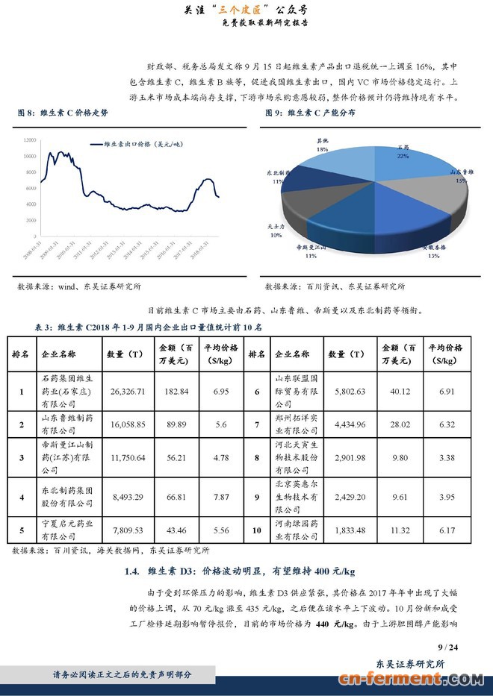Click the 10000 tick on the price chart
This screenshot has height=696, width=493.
coord(30,156)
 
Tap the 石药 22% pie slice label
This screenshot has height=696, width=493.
coord(403,152)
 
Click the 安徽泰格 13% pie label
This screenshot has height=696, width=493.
coord(434,251)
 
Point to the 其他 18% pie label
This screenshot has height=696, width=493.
coord(323,145)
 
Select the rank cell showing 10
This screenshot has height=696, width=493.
coord(256,530)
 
